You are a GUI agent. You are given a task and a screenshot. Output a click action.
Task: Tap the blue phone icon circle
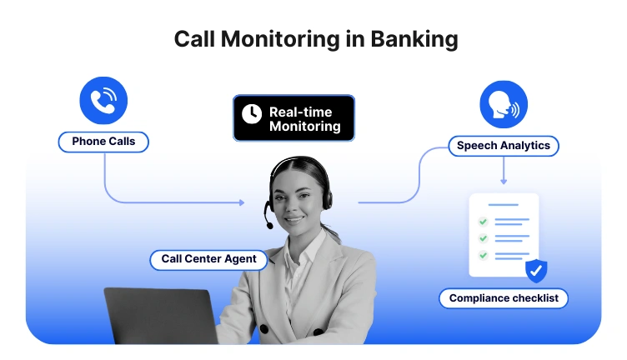coord(103,101)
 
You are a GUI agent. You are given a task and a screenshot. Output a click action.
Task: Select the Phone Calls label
coord(103,142)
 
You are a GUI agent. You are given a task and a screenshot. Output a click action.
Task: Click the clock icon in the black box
coord(250,114)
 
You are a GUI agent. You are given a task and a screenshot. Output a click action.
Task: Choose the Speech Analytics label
coord(504,146)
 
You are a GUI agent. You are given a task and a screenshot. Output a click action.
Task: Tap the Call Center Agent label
coord(209,260)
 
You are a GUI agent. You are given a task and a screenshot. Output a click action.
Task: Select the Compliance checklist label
coord(504,298)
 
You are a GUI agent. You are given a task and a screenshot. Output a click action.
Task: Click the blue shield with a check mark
coord(535,270)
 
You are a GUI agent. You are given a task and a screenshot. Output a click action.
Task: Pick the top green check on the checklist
coord(482,222)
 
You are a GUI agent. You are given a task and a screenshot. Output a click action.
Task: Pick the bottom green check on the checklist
coord(482,253)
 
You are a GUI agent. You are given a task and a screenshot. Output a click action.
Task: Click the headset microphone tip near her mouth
coord(269,225)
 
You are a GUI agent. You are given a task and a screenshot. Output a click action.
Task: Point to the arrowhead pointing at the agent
coord(242,202)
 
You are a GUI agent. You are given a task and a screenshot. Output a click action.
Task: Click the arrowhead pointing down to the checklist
coord(504,181)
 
